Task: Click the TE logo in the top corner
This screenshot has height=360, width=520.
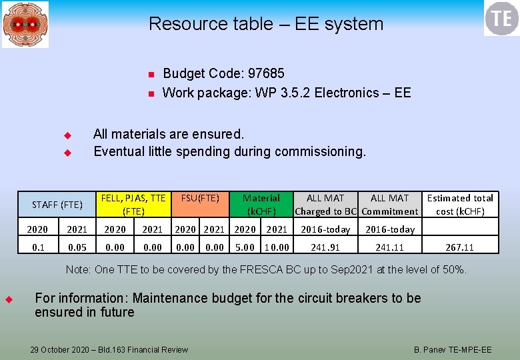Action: tap(501, 18)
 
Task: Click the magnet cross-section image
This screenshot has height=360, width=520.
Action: tap(25, 24)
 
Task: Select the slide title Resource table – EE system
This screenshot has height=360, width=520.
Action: tap(266, 24)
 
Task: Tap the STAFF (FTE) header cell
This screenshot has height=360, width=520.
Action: tap(57, 205)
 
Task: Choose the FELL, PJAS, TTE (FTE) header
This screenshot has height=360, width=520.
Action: tap(133, 205)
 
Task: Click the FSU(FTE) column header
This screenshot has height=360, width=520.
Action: tap(200, 198)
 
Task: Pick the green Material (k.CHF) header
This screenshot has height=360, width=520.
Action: tap(261, 205)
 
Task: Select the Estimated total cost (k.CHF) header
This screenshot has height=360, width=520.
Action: tap(460, 205)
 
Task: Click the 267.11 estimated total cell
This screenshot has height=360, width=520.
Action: tap(460, 247)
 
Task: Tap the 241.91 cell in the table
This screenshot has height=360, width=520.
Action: tap(325, 247)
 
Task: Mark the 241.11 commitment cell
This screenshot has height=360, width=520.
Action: tap(390, 247)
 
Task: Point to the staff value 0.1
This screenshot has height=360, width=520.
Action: tap(37, 247)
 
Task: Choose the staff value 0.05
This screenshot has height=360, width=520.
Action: tap(77, 247)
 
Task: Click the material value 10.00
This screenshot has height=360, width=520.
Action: tap(277, 247)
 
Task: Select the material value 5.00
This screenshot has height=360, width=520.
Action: tap(245, 247)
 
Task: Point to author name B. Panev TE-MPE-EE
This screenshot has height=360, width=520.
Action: tap(453, 349)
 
